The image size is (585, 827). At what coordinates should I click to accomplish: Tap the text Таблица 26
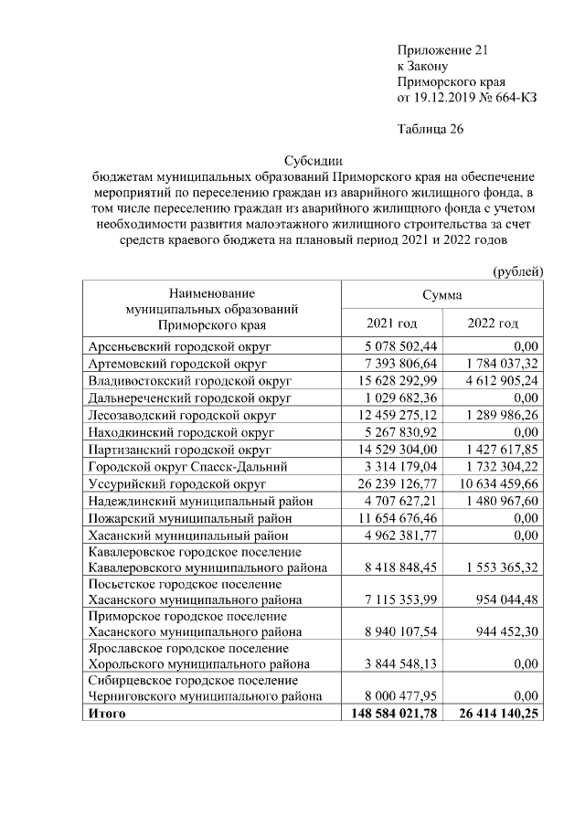click(431, 129)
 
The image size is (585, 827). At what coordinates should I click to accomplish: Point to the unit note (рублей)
click(517, 271)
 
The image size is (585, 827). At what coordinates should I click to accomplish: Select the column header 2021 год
click(391, 323)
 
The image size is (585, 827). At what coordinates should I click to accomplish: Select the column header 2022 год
click(493, 323)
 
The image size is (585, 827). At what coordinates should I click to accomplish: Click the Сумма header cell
click(441, 295)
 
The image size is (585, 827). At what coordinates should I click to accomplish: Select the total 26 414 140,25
click(494, 714)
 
